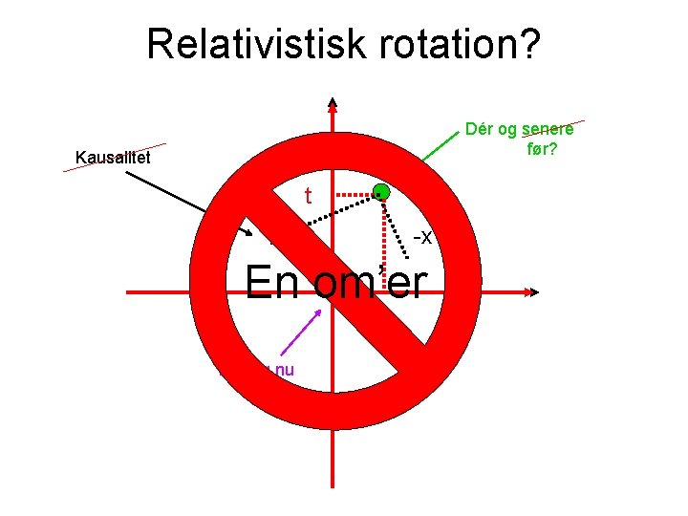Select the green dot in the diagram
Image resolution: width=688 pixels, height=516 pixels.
tap(381, 191)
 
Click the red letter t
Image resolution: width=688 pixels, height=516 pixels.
tap(309, 196)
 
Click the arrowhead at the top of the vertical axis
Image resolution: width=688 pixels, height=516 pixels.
tap(332, 104)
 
